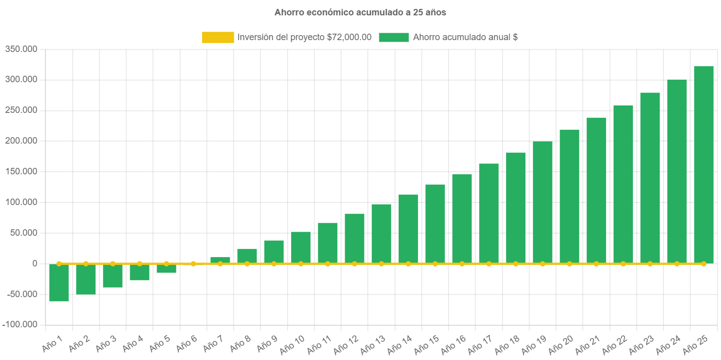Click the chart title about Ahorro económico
pyautogui.click(x=360, y=13)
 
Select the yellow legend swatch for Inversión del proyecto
pyautogui.click(x=218, y=37)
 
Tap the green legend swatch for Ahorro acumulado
pyautogui.click(x=394, y=37)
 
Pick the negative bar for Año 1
pyautogui.click(x=59, y=283)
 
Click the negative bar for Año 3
pyautogui.click(x=112, y=276)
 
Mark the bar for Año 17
pyautogui.click(x=489, y=213)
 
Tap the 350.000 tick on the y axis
pyautogui.click(x=21, y=49)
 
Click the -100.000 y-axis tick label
pyautogui.click(x=20, y=324)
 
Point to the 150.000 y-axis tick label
pyautogui.click(x=21, y=171)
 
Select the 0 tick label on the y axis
pyautogui.click(x=35, y=263)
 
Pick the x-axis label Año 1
pyautogui.click(x=52, y=343)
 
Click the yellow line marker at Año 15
pyautogui.click(x=435, y=263)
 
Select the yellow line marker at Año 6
pyautogui.click(x=193, y=263)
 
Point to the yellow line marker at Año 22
pyautogui.click(x=623, y=263)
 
